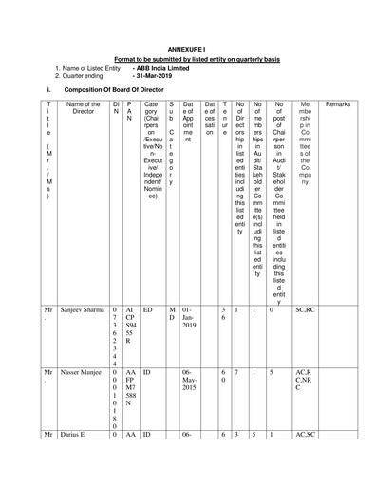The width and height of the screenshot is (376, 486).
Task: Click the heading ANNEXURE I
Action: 188,46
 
